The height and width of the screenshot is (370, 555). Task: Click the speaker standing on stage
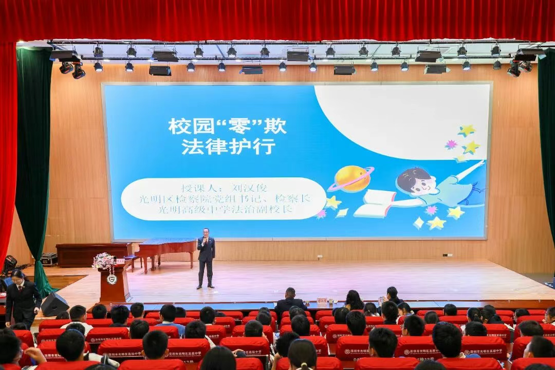pyautogui.click(x=206, y=257)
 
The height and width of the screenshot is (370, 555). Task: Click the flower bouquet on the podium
pyautogui.click(x=104, y=261)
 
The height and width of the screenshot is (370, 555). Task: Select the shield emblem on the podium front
pyautogui.click(x=112, y=279)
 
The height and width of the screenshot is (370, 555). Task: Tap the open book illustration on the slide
pyautogui.click(x=376, y=203)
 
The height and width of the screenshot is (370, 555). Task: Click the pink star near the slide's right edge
pyautogui.click(x=451, y=144)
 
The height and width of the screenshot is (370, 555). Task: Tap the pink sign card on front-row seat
pyautogui.click(x=322, y=300)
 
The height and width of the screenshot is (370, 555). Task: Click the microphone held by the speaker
pyautogui.click(x=205, y=239)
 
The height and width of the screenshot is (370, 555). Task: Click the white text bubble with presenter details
pyautogui.click(x=224, y=199)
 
